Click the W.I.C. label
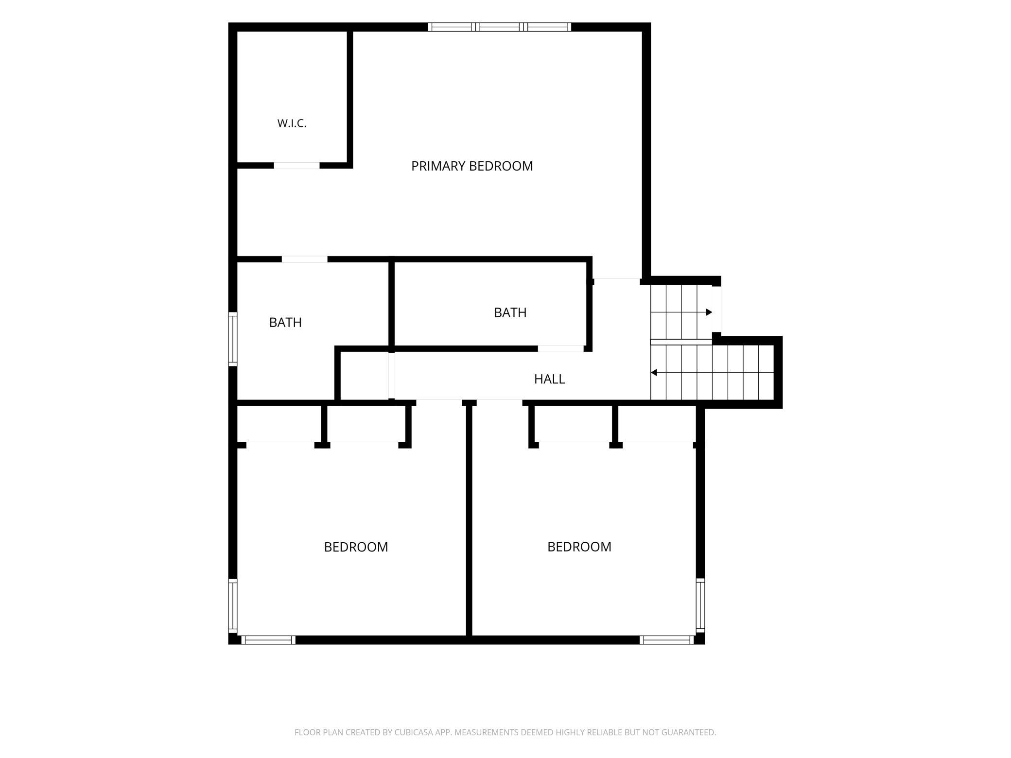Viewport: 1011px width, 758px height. (x=292, y=123)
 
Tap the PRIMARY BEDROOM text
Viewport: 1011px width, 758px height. (x=472, y=166)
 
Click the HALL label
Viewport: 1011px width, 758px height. (x=549, y=379)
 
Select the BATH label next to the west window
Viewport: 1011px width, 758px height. (x=285, y=323)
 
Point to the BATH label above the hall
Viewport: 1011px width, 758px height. (x=510, y=312)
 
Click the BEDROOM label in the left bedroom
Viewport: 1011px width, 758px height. (x=356, y=547)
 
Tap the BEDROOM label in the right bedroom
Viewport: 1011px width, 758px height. (x=579, y=547)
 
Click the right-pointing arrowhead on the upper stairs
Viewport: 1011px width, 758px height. (x=709, y=312)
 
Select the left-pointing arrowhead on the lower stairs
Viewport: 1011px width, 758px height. (x=654, y=373)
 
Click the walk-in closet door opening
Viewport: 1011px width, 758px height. (x=297, y=166)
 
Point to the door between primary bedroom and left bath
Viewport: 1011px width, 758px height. (x=305, y=259)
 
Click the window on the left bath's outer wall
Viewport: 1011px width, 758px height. (x=233, y=339)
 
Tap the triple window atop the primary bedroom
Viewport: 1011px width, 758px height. (x=500, y=27)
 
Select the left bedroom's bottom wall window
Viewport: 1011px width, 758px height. (x=268, y=640)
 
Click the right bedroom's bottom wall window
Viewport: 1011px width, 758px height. (x=667, y=640)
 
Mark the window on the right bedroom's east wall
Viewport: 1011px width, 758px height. (x=700, y=605)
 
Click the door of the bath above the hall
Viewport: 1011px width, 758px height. (x=560, y=348)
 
